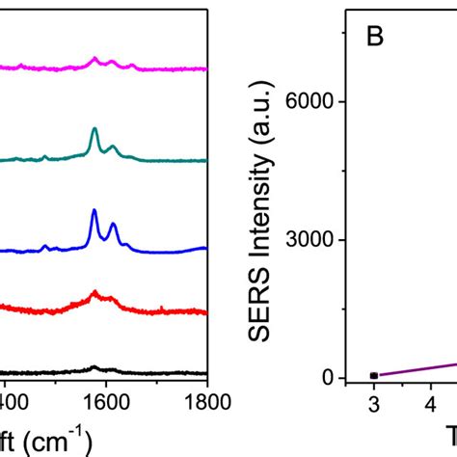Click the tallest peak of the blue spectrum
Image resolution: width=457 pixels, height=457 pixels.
click(x=94, y=211)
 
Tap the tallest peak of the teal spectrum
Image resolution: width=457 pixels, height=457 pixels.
click(x=94, y=129)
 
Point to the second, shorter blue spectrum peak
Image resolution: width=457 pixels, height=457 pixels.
click(x=114, y=225)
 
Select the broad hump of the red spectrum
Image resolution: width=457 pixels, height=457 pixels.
click(x=94, y=293)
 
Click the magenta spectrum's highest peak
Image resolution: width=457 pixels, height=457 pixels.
click(x=94, y=59)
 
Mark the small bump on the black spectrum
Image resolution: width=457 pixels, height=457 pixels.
click(x=94, y=367)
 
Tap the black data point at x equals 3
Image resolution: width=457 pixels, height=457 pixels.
click(x=374, y=375)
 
